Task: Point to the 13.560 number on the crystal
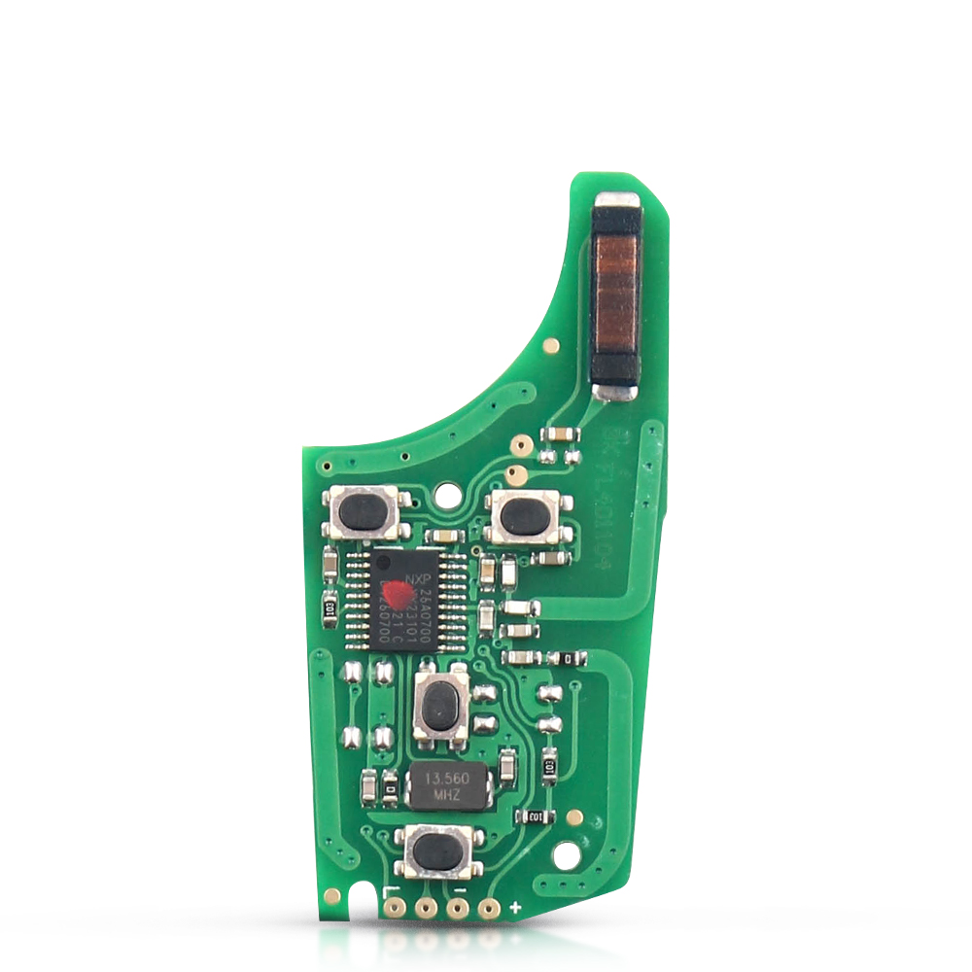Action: point(445,779)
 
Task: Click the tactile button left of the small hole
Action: point(364,511)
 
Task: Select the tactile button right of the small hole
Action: point(526,516)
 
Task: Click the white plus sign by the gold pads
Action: point(515,908)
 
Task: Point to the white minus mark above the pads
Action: point(460,892)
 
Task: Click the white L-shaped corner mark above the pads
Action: point(391,892)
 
